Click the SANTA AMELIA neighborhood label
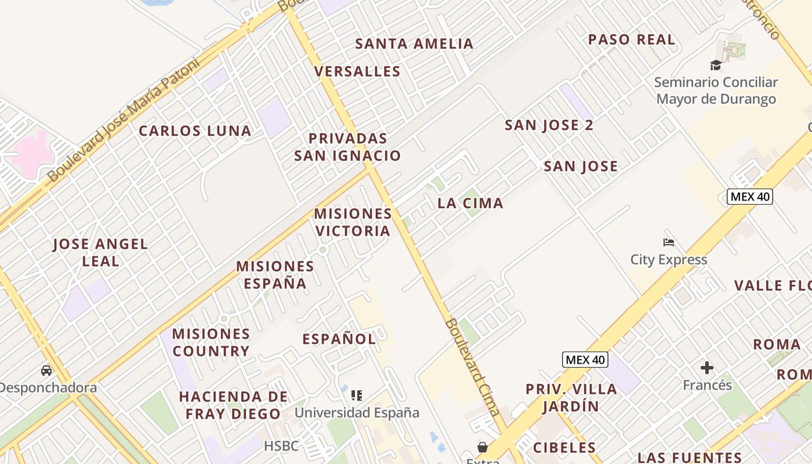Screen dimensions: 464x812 click(414, 43)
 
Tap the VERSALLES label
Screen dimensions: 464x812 click(357, 71)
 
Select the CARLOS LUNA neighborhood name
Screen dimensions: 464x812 click(195, 131)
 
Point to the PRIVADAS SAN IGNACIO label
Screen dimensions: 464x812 click(347, 147)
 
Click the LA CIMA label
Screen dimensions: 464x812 click(470, 204)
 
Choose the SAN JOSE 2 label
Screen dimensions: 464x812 click(549, 125)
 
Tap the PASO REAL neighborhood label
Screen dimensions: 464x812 click(632, 40)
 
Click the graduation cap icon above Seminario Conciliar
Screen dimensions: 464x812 click(716, 65)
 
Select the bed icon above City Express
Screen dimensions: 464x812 click(669, 242)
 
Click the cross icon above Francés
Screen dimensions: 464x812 click(706, 368)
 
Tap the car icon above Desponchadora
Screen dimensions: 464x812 click(46, 370)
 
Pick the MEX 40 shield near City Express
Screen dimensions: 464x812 click(749, 197)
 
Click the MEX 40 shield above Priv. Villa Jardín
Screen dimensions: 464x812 click(585, 360)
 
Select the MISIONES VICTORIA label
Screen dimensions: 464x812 click(353, 222)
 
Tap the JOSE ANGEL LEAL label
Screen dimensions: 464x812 click(100, 253)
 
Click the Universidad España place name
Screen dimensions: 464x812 click(357, 413)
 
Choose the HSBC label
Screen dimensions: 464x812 click(281, 446)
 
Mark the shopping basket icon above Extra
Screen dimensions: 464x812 click(482, 447)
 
